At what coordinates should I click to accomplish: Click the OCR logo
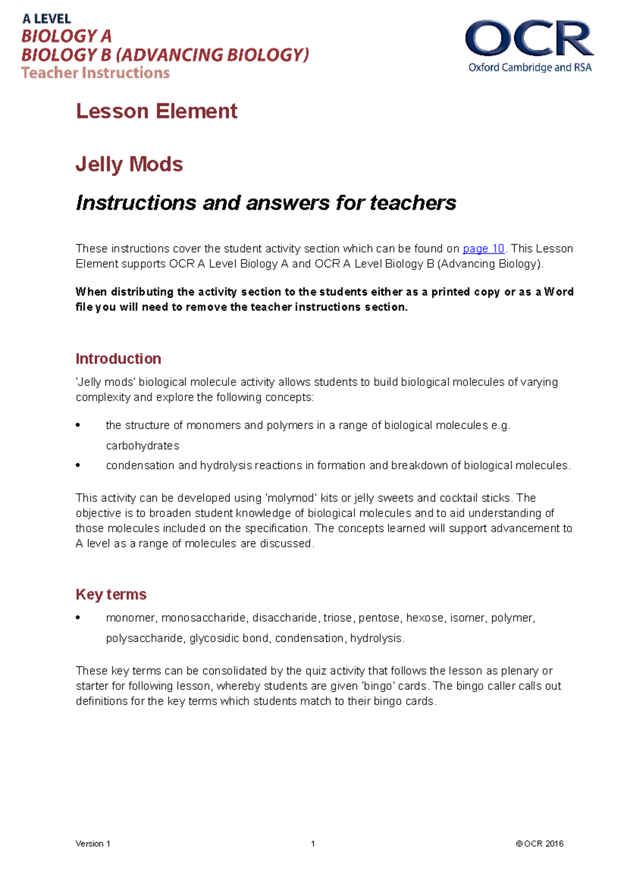pyautogui.click(x=529, y=39)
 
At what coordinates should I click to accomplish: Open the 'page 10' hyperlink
pyautogui.click(x=483, y=249)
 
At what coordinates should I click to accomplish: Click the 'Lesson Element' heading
pyautogui.click(x=156, y=111)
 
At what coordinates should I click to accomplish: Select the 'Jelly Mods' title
pyautogui.click(x=129, y=165)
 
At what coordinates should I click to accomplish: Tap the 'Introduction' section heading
pyautogui.click(x=118, y=359)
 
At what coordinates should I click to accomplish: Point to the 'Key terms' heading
pyautogui.click(x=111, y=594)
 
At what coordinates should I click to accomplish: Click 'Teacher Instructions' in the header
pyautogui.click(x=95, y=73)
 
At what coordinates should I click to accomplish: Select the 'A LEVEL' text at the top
pyautogui.click(x=47, y=19)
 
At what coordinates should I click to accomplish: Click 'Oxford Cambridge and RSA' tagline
pyautogui.click(x=529, y=67)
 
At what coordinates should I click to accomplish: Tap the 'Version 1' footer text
pyautogui.click(x=92, y=844)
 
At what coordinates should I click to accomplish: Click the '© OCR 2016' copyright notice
pyautogui.click(x=539, y=844)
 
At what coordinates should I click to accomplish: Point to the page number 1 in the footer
pyautogui.click(x=312, y=844)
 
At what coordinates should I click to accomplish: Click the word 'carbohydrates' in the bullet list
pyautogui.click(x=142, y=446)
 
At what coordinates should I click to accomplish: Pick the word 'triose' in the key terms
pyautogui.click(x=337, y=618)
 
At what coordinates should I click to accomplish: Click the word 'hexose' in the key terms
pyautogui.click(x=425, y=618)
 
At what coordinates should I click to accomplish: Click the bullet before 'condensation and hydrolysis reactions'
pyautogui.click(x=78, y=465)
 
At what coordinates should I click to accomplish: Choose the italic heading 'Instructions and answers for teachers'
pyautogui.click(x=265, y=203)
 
